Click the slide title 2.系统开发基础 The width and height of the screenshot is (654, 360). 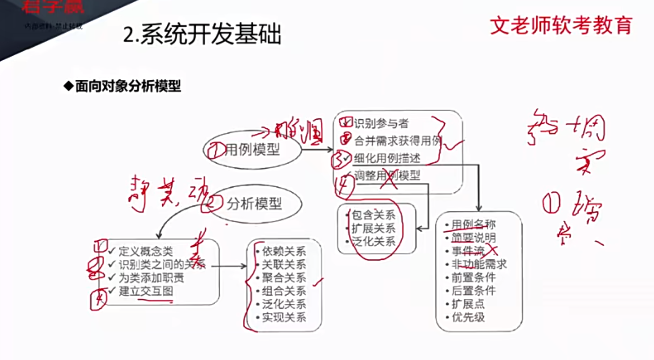[202, 35]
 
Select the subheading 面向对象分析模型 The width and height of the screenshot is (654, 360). [128, 86]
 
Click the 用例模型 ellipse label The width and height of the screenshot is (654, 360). [252, 149]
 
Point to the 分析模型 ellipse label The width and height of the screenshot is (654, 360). [254, 203]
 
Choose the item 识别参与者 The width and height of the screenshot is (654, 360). [381, 123]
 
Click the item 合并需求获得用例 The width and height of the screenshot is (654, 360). [398, 141]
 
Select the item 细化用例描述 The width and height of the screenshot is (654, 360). [387, 158]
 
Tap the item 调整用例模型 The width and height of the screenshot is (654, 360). [387, 175]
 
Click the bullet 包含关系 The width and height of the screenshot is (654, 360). [373, 215]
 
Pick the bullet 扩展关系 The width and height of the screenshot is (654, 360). [373, 228]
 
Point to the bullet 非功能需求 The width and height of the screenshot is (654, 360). [479, 264]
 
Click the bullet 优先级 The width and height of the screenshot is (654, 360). [468, 317]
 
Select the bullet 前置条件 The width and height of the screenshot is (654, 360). [474, 278]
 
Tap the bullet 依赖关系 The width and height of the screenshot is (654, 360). [284, 251]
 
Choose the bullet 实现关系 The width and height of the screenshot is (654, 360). [284, 317]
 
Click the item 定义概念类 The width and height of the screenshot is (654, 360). [146, 251]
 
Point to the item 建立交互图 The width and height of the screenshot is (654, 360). [146, 291]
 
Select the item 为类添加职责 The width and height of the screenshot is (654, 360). [151, 278]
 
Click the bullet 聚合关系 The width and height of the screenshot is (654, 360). [284, 278]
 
